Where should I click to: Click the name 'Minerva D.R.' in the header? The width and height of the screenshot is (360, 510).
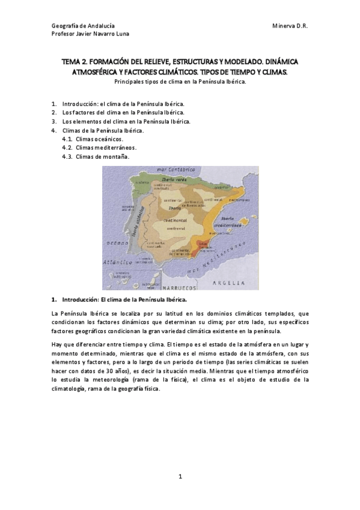pos(290,26)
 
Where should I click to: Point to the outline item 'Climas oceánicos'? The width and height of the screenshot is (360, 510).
pos(100,138)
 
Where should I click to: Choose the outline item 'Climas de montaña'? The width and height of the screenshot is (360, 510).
pos(103,156)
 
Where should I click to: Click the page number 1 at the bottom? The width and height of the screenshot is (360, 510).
pos(180,477)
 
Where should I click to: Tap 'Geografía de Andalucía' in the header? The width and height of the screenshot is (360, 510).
pos(83,26)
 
